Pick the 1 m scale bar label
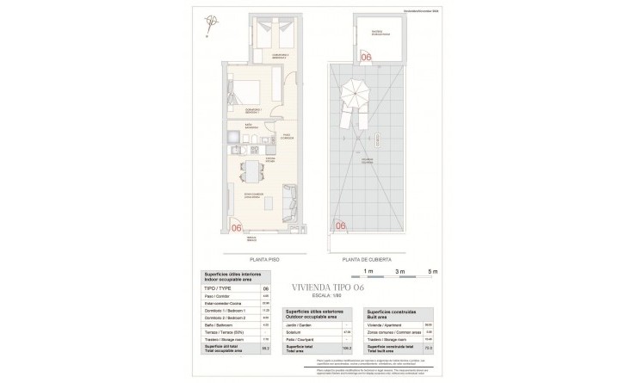368,270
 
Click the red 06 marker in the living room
237,226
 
